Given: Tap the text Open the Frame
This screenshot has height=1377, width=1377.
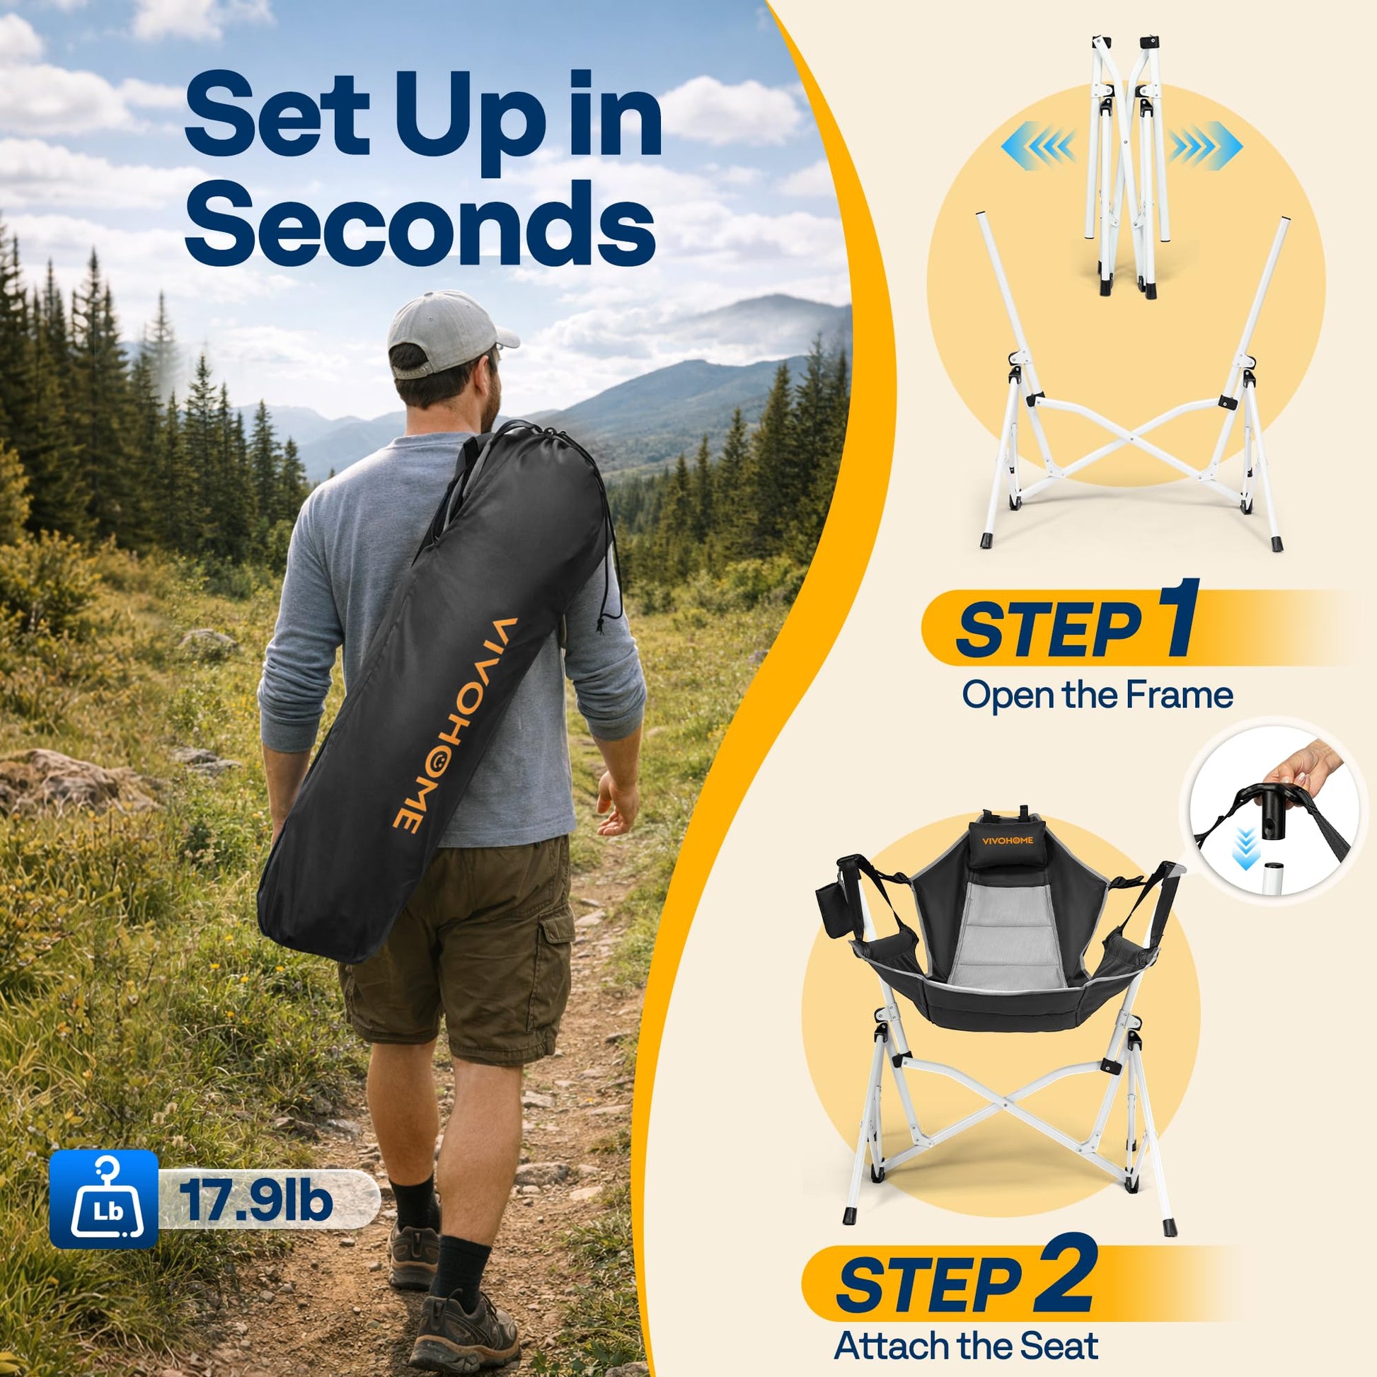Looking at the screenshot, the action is tap(1097, 694).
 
